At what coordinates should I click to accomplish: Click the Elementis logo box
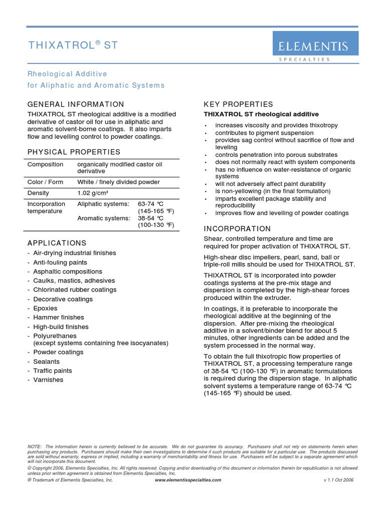[315, 43]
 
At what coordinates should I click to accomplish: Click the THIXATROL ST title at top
[73, 45]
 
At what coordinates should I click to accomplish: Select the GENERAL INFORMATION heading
[76, 104]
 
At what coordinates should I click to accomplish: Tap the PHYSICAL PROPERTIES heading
[74, 152]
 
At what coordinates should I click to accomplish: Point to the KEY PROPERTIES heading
[238, 104]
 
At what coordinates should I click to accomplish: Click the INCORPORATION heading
[237, 228]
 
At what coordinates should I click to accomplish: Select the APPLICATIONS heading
[57, 243]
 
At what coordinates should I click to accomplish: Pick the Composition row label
[45, 164]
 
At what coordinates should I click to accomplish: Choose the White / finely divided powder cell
[118, 182]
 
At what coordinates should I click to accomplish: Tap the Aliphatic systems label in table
[103, 204]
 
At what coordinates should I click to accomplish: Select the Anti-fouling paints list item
[60, 263]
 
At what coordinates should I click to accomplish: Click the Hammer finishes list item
[58, 317]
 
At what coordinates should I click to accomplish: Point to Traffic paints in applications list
[52, 371]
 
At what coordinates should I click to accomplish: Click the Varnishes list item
[48, 380]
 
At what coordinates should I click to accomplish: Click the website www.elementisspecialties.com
[187, 479]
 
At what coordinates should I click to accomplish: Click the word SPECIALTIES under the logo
[304, 59]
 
